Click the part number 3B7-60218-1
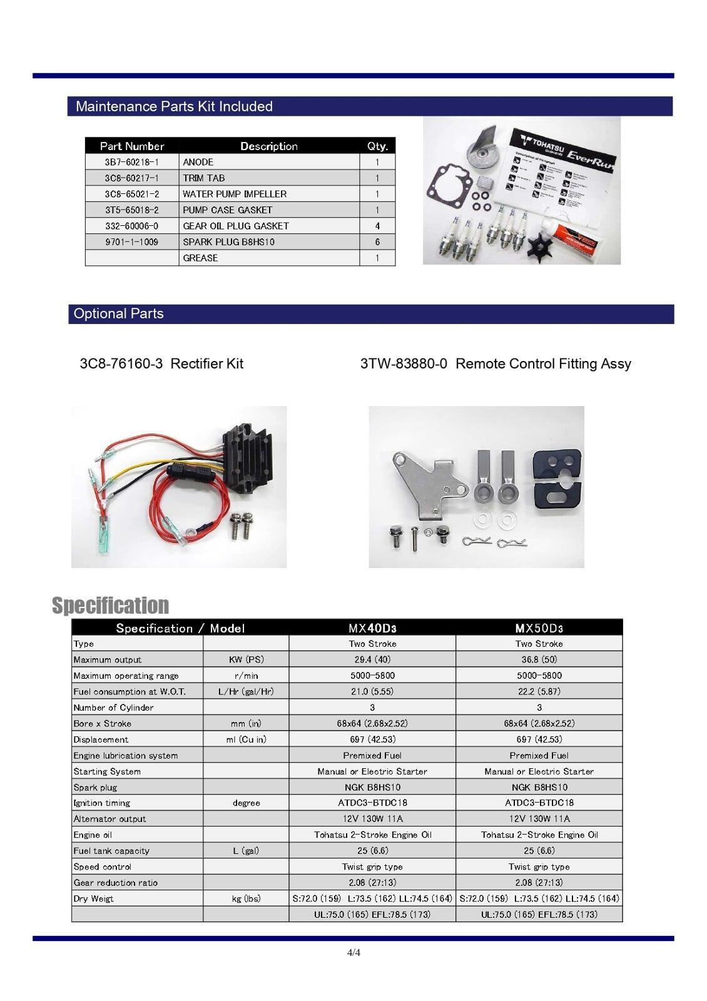click(131, 162)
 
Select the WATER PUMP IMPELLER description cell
click(235, 194)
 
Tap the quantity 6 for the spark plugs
click(377, 242)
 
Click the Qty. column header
click(377, 146)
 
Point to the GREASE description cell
click(200, 258)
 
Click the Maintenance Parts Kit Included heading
click(174, 106)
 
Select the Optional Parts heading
click(118, 314)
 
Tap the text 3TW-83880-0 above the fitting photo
click(404, 363)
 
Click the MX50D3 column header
click(539, 628)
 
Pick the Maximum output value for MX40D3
click(372, 659)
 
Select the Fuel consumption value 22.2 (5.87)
click(539, 691)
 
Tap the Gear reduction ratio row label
click(115, 883)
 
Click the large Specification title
click(110, 605)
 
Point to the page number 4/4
click(353, 953)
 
